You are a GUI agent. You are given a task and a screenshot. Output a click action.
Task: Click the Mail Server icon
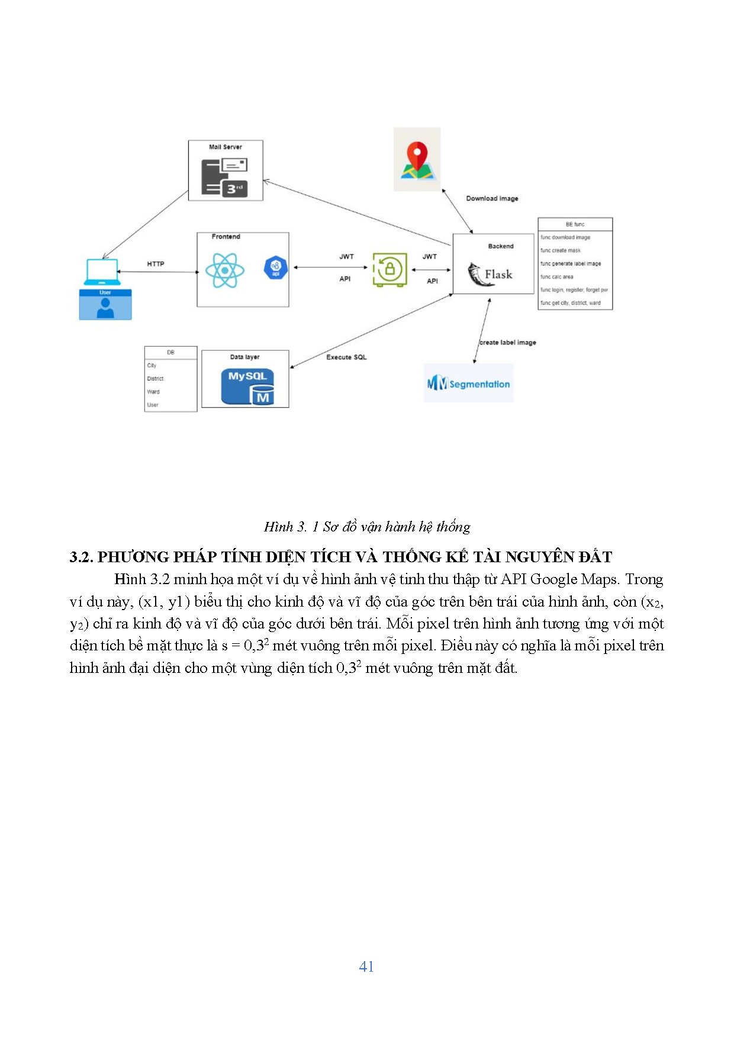224,176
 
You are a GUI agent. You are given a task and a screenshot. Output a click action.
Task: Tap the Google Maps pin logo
417,160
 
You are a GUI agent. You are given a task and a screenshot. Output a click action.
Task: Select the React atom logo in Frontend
225,270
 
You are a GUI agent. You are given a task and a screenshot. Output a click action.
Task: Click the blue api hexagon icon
275,268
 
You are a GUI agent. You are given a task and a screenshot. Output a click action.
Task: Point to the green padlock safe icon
389,270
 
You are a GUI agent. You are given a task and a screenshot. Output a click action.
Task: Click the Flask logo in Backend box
491,275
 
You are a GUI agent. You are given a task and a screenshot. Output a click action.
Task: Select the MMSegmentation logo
468,384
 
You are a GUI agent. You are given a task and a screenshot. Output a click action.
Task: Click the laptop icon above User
102,272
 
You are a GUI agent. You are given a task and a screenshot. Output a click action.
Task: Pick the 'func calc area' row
557,277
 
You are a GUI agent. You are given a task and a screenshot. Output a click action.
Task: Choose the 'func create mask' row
561,250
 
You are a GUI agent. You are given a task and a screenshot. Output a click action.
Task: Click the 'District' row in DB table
155,379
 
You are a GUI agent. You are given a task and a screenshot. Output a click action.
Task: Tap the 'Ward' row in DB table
153,392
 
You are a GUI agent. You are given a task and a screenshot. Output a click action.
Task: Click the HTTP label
156,264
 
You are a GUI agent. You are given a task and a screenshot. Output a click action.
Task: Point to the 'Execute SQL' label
346,357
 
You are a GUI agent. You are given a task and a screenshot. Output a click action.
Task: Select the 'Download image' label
492,199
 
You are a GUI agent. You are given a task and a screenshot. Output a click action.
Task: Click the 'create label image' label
508,343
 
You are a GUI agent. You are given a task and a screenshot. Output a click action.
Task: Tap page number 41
366,966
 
